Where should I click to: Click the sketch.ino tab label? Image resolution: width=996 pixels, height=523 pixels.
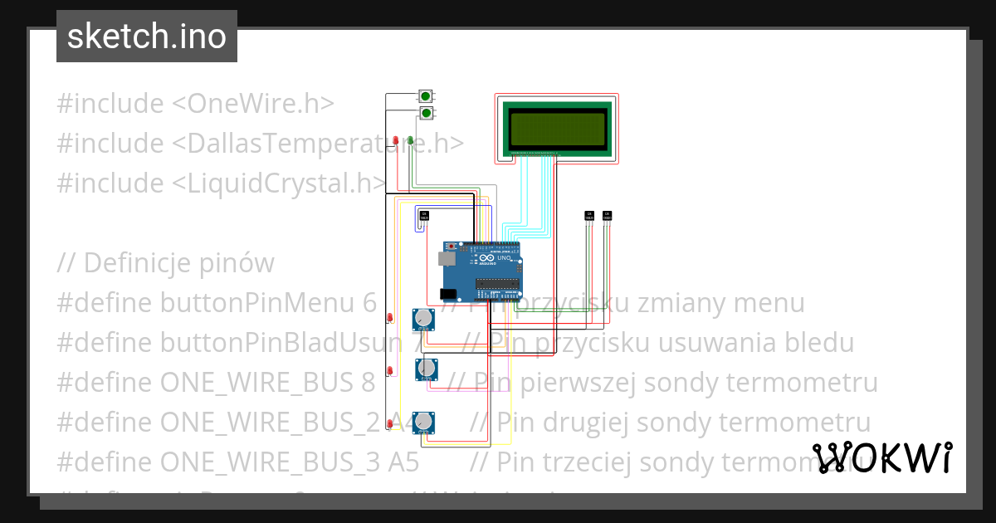(x=146, y=37)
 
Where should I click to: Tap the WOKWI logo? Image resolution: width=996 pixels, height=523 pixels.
(x=882, y=457)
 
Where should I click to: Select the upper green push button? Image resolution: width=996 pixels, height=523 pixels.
(x=426, y=96)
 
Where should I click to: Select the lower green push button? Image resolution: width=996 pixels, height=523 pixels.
(x=426, y=112)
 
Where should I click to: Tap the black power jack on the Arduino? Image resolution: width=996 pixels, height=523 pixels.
(x=448, y=294)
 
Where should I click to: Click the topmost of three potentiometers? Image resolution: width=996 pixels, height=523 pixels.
(x=424, y=318)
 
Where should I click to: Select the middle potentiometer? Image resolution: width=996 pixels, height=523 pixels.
(x=427, y=368)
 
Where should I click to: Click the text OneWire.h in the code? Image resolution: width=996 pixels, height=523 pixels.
(x=261, y=104)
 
